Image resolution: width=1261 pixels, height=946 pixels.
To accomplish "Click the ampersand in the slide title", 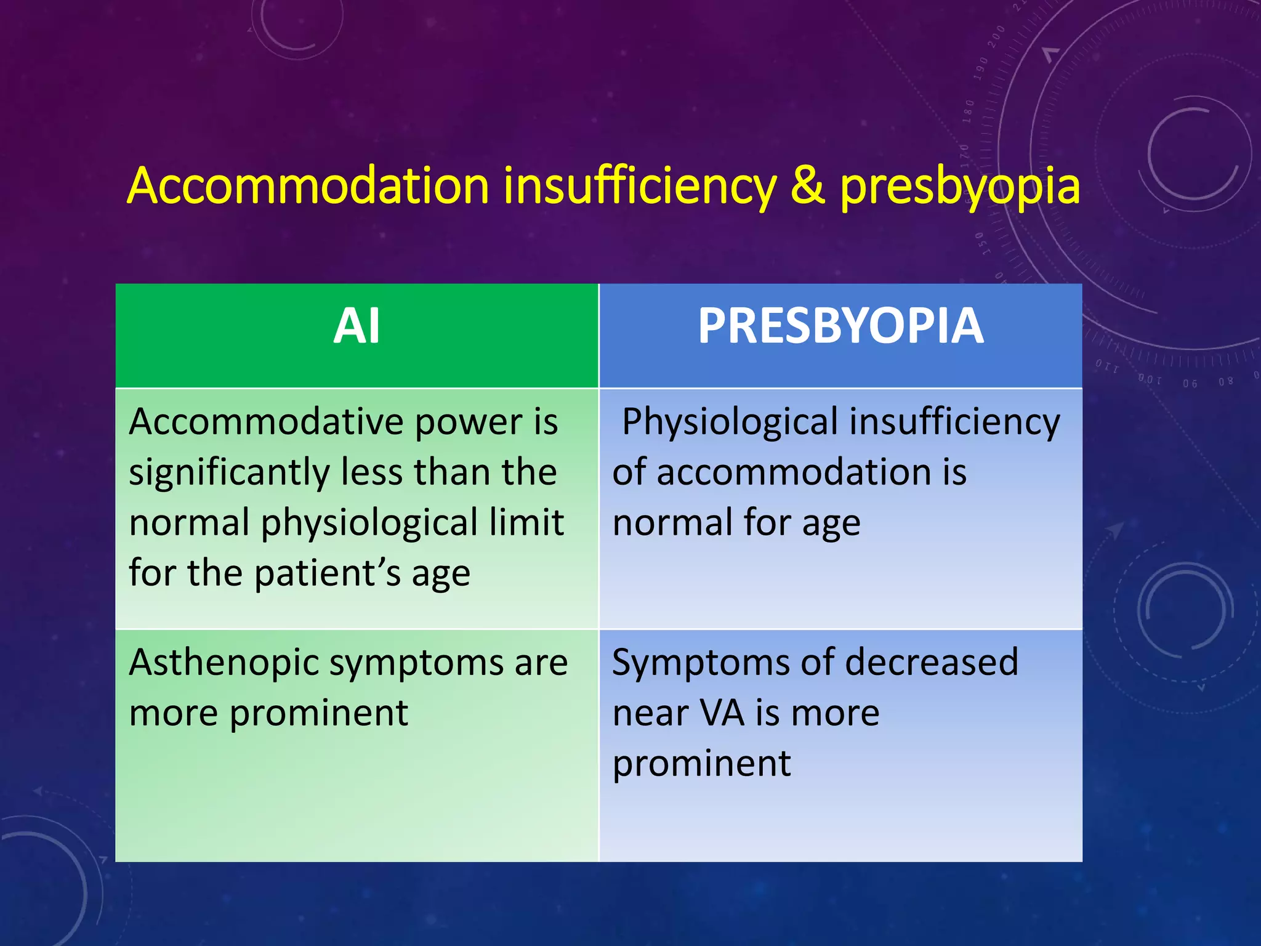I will click(807, 186).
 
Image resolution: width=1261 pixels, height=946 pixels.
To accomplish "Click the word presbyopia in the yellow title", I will click(960, 187).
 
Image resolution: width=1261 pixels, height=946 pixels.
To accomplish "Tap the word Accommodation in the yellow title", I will click(308, 186).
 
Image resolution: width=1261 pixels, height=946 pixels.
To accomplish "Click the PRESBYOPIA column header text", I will click(840, 326).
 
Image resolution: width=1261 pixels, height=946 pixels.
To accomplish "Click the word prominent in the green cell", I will click(318, 714).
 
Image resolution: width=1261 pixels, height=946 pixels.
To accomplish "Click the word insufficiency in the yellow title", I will click(640, 186).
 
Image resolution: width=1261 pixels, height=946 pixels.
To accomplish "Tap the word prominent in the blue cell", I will click(701, 764).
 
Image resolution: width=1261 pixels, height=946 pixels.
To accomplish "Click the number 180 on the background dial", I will click(969, 111).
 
